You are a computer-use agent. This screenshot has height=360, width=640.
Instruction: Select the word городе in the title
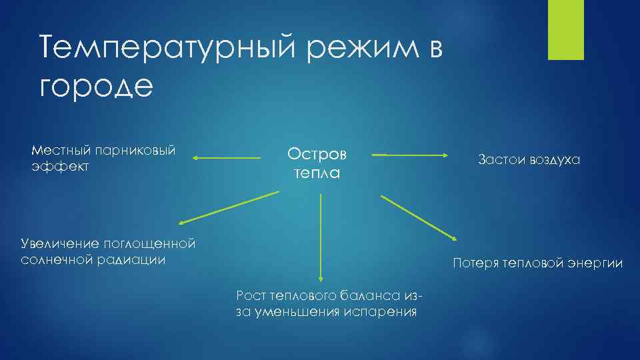click(96, 87)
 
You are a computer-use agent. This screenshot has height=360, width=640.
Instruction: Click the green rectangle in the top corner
click(565, 30)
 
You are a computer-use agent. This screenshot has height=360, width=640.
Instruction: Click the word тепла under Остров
click(317, 173)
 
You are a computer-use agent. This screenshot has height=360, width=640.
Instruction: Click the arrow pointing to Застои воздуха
click(411, 155)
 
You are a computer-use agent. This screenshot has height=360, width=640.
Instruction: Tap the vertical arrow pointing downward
click(321, 237)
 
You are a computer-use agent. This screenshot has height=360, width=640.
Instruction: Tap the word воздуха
click(555, 160)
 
